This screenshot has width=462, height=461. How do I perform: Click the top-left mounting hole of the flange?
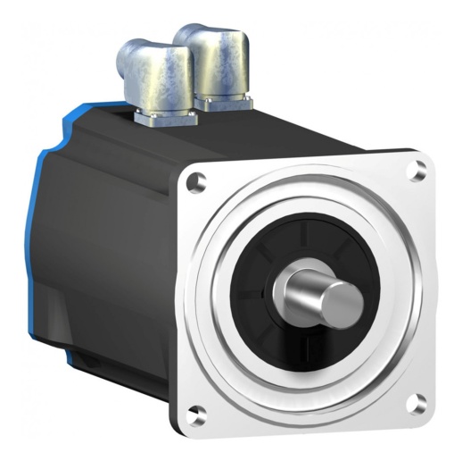coord(198,181)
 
